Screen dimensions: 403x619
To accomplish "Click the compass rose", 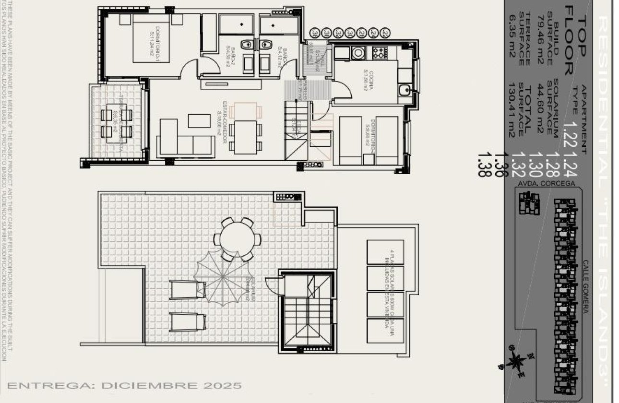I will pyautogui.click(x=516, y=361).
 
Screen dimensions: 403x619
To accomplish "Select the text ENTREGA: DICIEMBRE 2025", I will pyautogui.click(x=125, y=385).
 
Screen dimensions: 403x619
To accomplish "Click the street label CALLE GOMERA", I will pyautogui.click(x=586, y=286).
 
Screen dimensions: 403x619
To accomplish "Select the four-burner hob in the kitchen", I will pyautogui.click(x=379, y=52).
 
